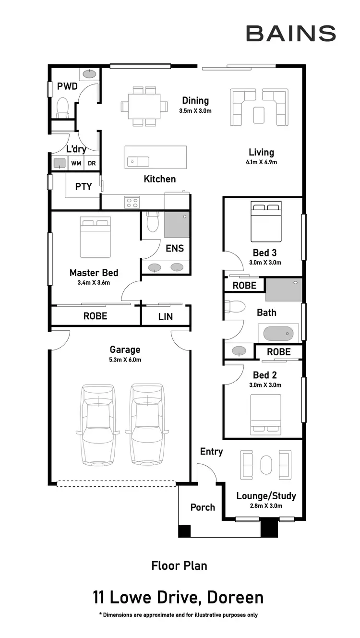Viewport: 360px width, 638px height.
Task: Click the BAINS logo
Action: tap(290, 34)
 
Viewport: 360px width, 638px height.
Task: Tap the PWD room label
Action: tap(67, 86)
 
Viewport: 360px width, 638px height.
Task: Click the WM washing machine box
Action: tap(76, 164)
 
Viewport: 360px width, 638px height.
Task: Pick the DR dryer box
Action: tap(92, 164)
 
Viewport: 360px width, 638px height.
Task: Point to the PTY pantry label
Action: tap(84, 186)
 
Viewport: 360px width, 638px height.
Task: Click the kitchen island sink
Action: tap(138, 162)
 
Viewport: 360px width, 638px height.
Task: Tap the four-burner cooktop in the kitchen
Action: tap(132, 202)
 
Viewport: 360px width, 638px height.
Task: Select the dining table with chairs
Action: tap(144, 106)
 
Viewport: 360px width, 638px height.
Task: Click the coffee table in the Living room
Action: tap(259, 114)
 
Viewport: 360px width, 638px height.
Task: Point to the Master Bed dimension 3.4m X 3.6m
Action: tap(94, 283)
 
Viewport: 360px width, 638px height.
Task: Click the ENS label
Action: tap(175, 248)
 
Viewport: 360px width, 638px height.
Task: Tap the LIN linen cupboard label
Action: tap(166, 317)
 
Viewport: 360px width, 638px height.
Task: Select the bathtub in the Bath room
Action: tap(278, 333)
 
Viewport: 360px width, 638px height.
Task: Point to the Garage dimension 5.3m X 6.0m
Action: tap(125, 360)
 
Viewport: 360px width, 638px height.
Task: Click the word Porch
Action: tap(203, 507)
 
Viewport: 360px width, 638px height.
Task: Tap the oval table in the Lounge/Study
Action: tap(266, 465)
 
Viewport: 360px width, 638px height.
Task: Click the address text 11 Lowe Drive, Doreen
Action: tap(178, 598)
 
